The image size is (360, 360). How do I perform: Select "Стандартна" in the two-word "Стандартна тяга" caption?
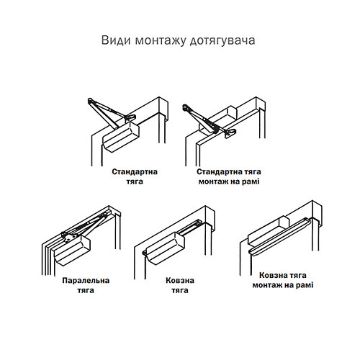pyautogui.click(x=134, y=173)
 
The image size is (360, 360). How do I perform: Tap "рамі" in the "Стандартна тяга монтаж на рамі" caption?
pyautogui.click(x=249, y=183)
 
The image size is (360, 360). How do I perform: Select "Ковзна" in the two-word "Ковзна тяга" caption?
pyautogui.click(x=175, y=280)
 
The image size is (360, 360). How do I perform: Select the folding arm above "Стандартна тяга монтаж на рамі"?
pyautogui.click(x=204, y=119)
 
